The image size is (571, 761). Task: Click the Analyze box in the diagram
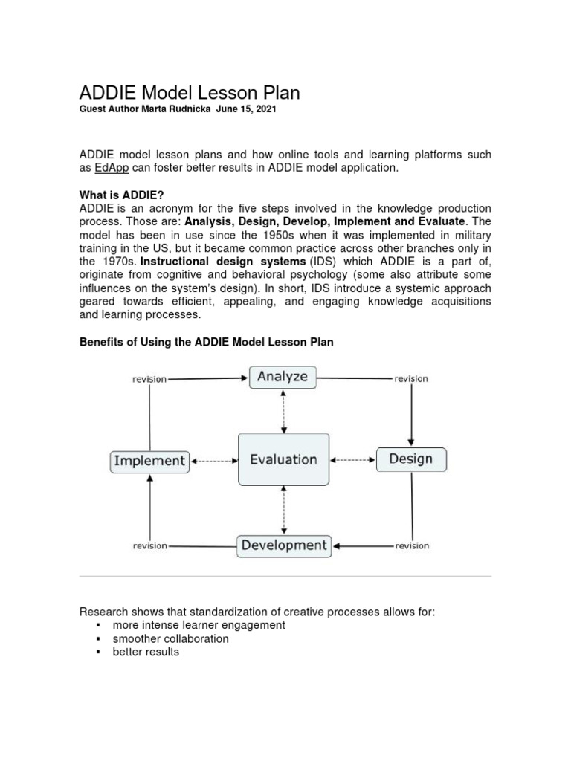[283, 377]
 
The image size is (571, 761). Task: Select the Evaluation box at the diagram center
[283, 460]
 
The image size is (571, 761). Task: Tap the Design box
[410, 459]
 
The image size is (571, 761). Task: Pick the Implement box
[149, 461]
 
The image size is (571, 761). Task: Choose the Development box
[284, 545]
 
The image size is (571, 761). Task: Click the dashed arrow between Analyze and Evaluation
[283, 411]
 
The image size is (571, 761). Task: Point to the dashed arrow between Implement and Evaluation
[214, 461]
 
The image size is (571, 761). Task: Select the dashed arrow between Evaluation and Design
[353, 460]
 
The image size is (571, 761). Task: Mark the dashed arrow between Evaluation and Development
[283, 511]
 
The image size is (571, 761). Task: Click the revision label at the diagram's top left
[149, 379]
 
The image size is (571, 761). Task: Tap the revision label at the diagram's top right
[411, 378]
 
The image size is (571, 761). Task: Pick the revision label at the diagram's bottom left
[149, 546]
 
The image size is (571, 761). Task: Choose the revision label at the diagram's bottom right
[412, 546]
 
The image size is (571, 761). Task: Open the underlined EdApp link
[112, 168]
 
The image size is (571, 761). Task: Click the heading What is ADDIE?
[121, 195]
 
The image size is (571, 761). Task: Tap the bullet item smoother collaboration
[170, 638]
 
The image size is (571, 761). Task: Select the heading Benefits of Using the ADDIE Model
[206, 342]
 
